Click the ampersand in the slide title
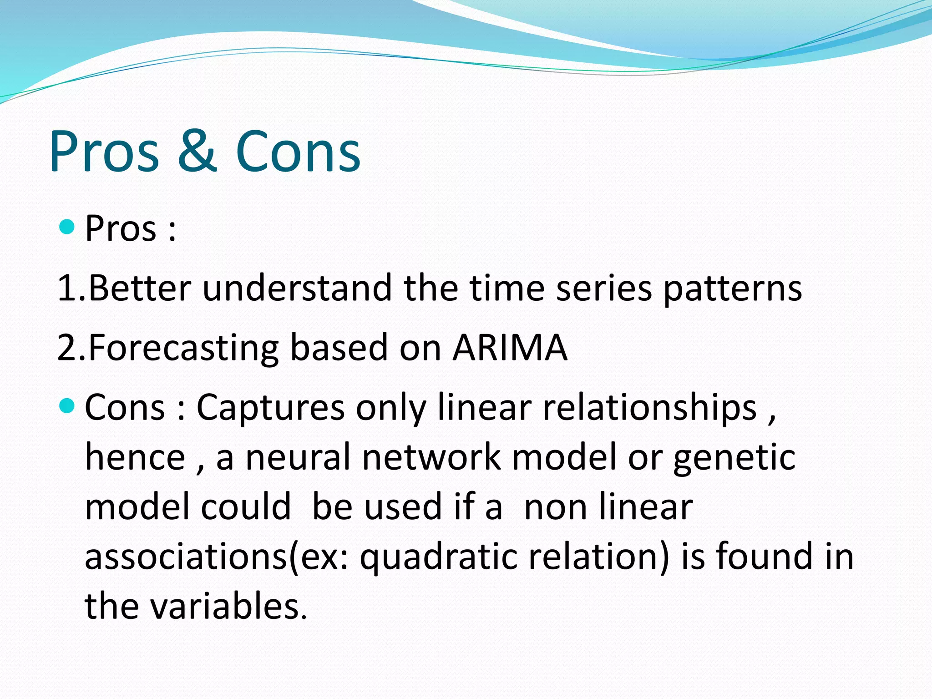[197, 151]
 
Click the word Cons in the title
[298, 151]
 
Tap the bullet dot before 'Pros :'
[67, 226]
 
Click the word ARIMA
[510, 348]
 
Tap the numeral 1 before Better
[67, 288]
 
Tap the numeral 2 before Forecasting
[67, 348]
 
